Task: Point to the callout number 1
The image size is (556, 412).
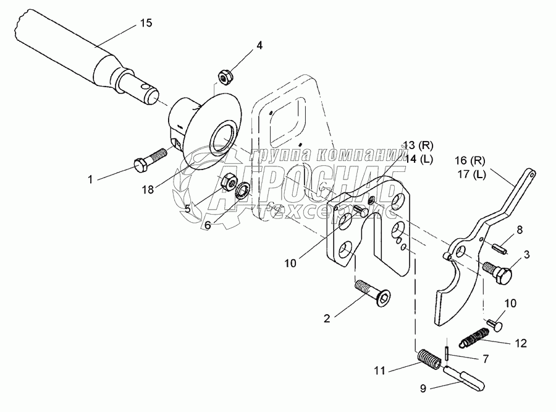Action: [90, 179]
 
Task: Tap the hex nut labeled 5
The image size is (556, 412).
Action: [227, 182]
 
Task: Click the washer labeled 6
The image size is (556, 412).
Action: [242, 189]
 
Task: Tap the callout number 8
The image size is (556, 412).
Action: [519, 230]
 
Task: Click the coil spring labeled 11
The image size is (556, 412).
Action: [428, 358]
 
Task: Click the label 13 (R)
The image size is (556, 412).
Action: [418, 146]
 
